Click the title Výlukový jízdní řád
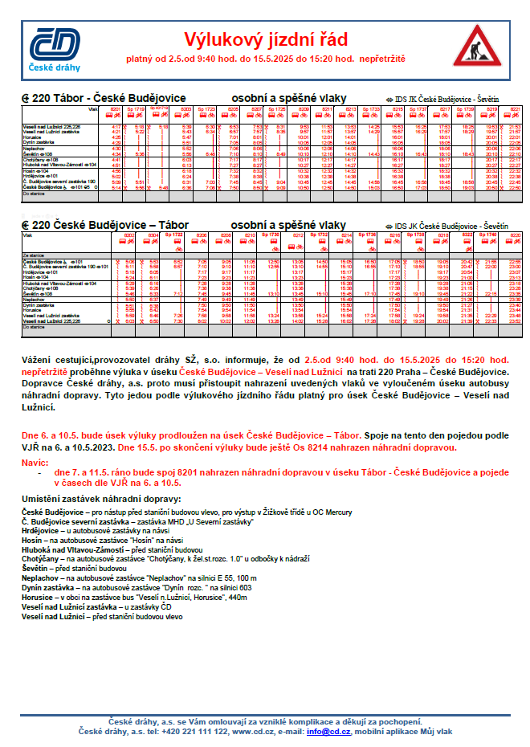(265, 39)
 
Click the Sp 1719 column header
(138, 108)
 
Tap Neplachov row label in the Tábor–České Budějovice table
(33, 149)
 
